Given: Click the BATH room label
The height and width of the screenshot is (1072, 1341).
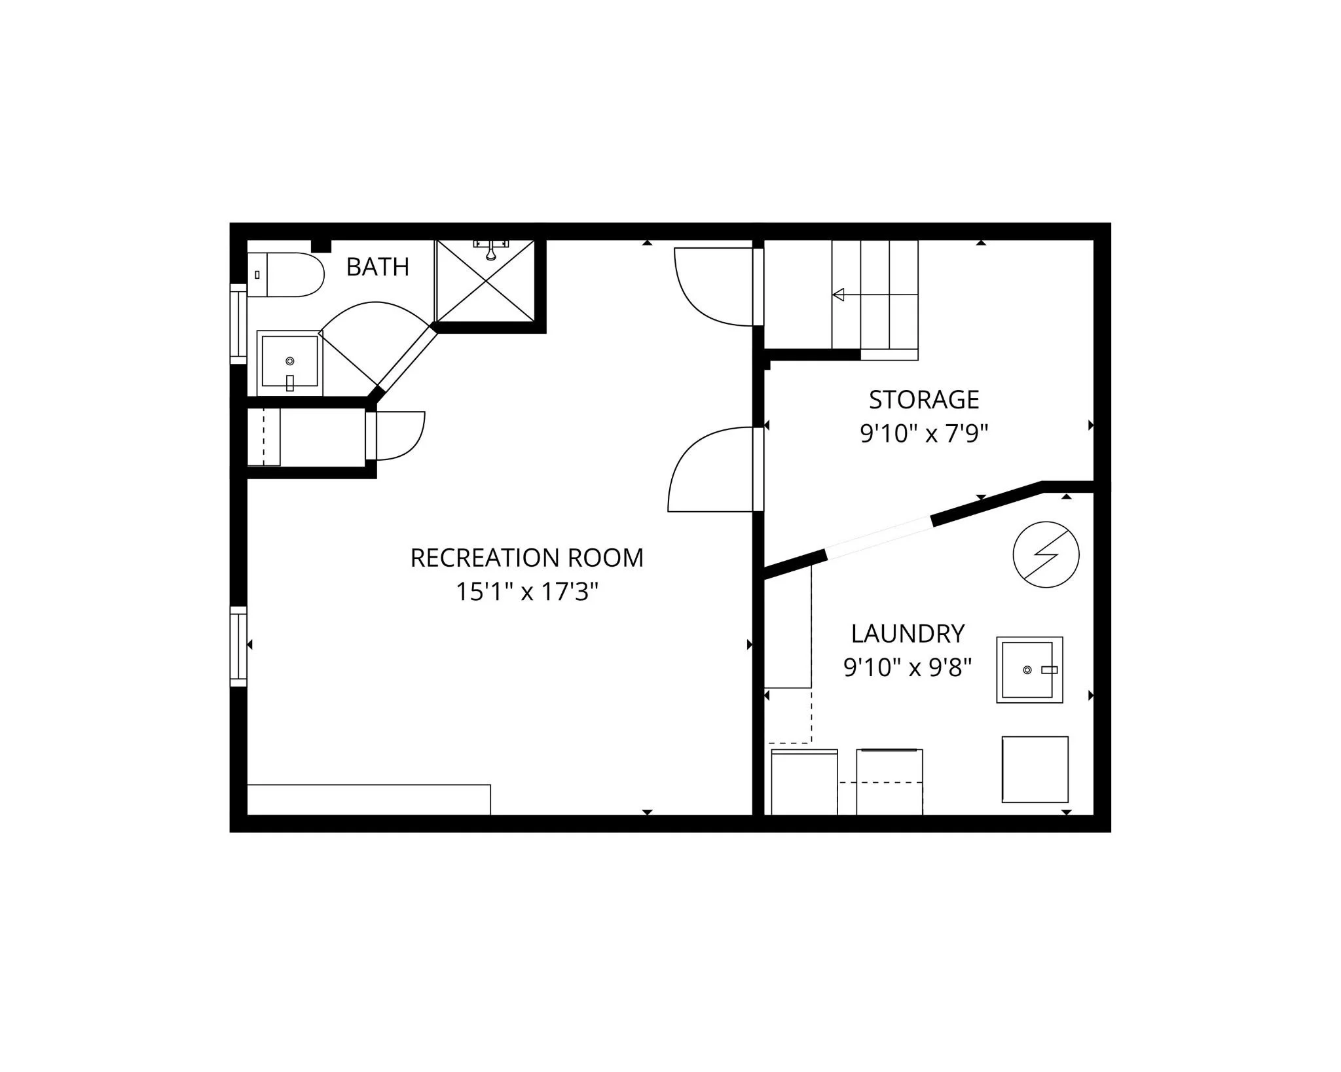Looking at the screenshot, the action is click(x=378, y=267).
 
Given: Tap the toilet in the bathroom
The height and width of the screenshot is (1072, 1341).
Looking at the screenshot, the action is click(x=286, y=275).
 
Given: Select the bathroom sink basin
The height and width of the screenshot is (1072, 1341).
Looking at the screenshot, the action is click(x=290, y=363).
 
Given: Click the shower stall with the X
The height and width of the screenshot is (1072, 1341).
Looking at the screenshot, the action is click(x=485, y=281).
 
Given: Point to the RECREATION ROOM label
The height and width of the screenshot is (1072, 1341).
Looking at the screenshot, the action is click(x=527, y=558).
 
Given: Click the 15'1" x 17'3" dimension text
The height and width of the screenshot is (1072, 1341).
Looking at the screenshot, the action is click(x=527, y=592).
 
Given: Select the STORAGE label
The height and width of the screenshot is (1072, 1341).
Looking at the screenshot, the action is click(x=924, y=399).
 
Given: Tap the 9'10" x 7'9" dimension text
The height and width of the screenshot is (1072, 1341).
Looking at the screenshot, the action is click(x=924, y=433).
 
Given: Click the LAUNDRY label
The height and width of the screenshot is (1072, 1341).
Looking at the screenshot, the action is click(x=908, y=634).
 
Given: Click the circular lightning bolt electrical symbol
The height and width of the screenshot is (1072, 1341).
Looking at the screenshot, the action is click(x=1046, y=554).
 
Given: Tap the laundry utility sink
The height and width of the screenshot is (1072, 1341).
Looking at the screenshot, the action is click(x=1029, y=670).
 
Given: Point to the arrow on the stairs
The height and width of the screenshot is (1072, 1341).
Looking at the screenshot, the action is click(x=875, y=295).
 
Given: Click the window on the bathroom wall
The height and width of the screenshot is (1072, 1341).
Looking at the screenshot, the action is click(x=238, y=323).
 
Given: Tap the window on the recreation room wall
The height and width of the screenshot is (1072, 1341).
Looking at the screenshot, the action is click(x=238, y=647).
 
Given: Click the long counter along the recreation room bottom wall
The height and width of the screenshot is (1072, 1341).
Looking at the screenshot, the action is click(x=369, y=800).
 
